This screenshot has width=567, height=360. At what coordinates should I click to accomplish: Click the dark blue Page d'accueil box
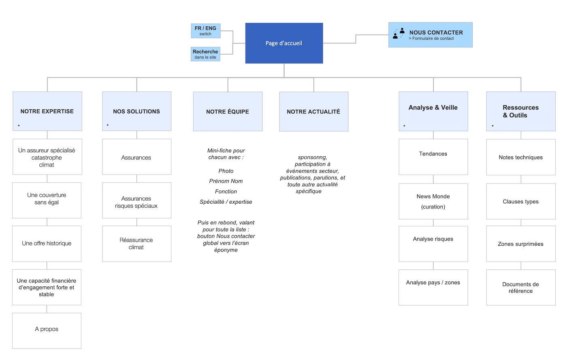click(x=284, y=43)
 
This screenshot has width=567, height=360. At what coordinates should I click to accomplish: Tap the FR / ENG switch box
click(x=206, y=31)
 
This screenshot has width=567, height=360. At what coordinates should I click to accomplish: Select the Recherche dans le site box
click(x=205, y=54)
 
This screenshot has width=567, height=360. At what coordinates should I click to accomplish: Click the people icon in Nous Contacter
click(x=399, y=33)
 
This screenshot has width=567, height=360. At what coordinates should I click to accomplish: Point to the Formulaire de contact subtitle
click(x=431, y=38)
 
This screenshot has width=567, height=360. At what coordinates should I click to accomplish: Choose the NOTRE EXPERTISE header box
click(x=47, y=111)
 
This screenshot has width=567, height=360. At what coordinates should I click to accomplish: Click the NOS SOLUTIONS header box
click(x=136, y=111)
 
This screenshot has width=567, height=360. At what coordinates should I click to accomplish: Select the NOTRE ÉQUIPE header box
click(x=228, y=112)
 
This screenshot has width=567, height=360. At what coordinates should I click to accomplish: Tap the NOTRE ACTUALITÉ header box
click(x=313, y=112)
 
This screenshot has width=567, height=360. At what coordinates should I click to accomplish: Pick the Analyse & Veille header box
click(x=433, y=111)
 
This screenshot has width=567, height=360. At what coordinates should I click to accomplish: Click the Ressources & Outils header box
click(x=520, y=111)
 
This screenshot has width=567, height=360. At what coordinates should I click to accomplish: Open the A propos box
click(x=47, y=330)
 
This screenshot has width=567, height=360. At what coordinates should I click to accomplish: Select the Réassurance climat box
click(x=136, y=244)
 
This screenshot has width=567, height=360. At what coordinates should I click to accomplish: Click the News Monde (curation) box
click(x=433, y=201)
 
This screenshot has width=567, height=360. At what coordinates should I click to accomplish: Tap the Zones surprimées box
click(x=520, y=244)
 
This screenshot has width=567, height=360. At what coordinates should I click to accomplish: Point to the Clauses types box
click(x=520, y=201)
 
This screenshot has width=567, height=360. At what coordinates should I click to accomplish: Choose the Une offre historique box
click(x=47, y=243)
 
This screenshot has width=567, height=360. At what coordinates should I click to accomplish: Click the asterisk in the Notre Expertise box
click(x=19, y=126)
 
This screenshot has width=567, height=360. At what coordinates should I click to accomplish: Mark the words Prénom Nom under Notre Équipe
click(x=226, y=181)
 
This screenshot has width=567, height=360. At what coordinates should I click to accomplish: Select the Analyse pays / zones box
click(x=433, y=287)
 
